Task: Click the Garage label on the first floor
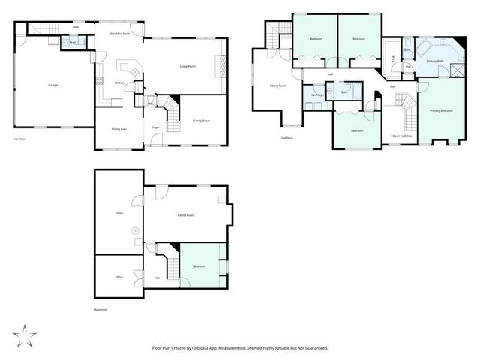coord(53,85)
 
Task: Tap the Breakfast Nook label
coord(120,34)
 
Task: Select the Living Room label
coord(187,66)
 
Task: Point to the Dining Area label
coord(118,129)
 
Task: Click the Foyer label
coord(156,128)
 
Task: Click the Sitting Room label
coord(278,85)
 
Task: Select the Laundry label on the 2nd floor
coord(317,95)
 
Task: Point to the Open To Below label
coord(402,136)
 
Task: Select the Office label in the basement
coord(118,277)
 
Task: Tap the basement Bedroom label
coord(199,266)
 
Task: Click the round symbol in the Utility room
coord(135,230)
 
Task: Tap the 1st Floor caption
coord(21,139)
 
